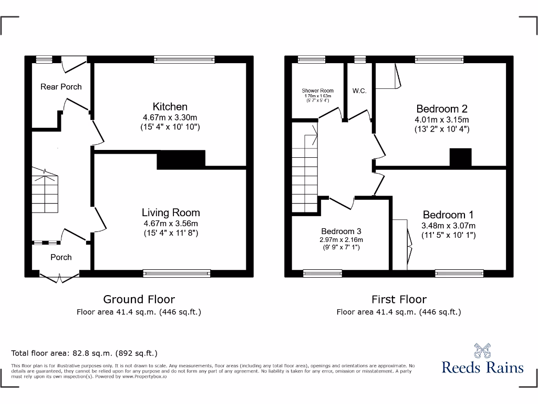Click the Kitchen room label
coord(170,107)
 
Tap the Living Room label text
coord(171,213)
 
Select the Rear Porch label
coord(61,87)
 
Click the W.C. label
coord(359,91)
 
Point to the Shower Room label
coord(317,90)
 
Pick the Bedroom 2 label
coord(441,109)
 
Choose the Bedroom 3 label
coord(341,231)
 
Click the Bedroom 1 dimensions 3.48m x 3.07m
coord(448,226)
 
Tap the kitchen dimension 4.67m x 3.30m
coord(170,117)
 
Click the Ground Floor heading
coord(139,299)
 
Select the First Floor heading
coord(399,299)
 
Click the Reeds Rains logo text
coord(482,367)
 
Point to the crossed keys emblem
coord(482,349)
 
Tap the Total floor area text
coord(84,353)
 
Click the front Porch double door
coord(60,277)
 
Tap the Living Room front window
coord(177,272)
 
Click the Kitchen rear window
coord(184,59)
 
